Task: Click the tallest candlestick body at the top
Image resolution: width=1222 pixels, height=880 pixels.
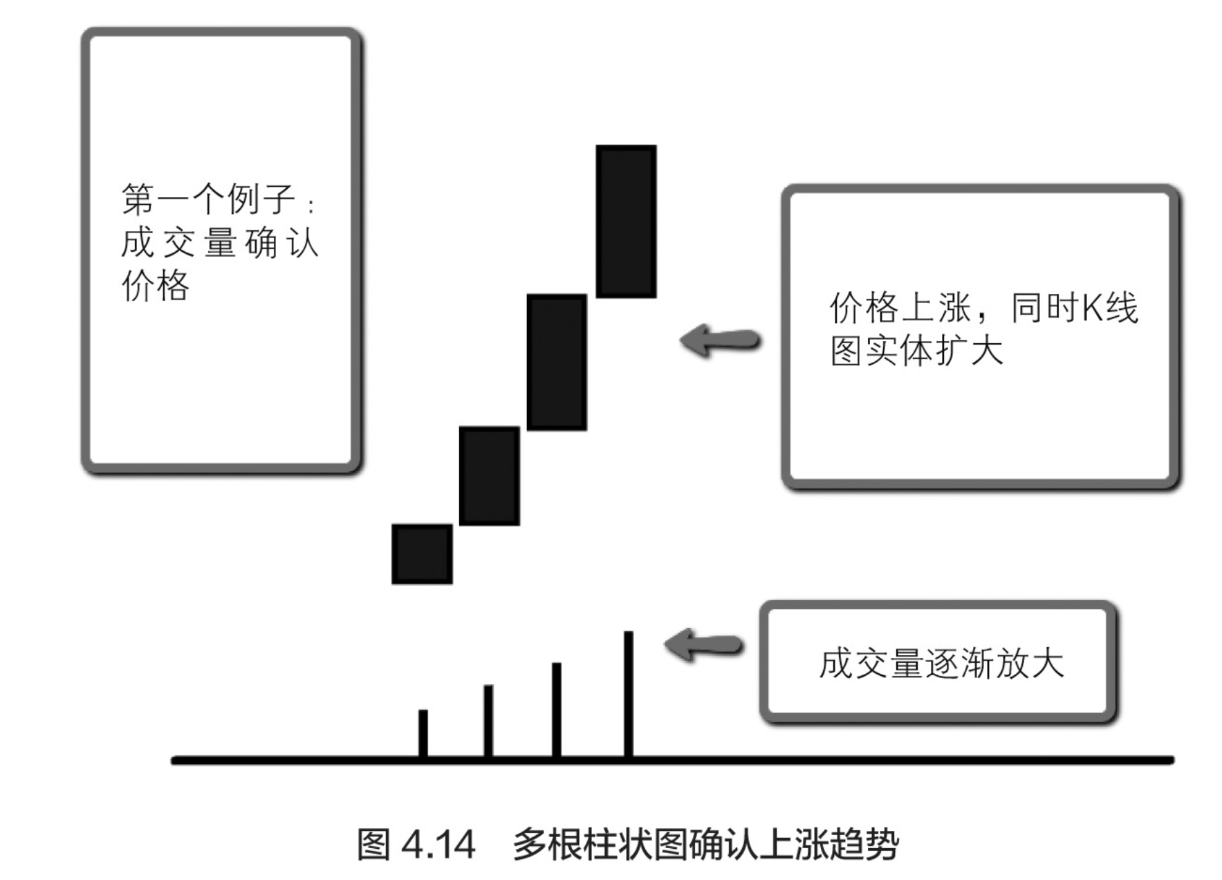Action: tap(626, 221)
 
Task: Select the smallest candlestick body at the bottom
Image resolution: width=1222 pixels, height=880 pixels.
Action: tap(422, 554)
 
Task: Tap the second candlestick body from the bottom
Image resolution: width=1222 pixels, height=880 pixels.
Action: tap(489, 476)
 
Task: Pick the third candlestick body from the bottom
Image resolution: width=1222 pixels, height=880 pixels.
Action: tap(557, 362)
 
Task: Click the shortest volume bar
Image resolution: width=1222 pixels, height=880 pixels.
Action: tap(423, 733)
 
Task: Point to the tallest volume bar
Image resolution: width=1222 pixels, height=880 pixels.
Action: tap(628, 694)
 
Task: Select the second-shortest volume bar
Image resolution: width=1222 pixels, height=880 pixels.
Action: tap(488, 721)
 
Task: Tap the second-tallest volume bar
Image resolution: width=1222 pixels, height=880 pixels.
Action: tap(557, 710)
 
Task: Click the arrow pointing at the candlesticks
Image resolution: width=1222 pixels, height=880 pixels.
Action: tap(720, 340)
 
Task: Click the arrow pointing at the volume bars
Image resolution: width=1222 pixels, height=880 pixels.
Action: tap(703, 645)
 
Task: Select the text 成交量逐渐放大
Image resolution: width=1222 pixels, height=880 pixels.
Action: tap(941, 663)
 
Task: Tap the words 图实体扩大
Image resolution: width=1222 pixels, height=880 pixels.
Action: tap(916, 351)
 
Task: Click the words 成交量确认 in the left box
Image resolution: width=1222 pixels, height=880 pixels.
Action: tap(219, 243)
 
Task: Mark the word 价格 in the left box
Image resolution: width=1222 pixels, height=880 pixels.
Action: tap(156, 286)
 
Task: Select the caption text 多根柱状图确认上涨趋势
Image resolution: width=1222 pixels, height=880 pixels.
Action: tap(705, 845)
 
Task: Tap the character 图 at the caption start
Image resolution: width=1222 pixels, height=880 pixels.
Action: tap(374, 845)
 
